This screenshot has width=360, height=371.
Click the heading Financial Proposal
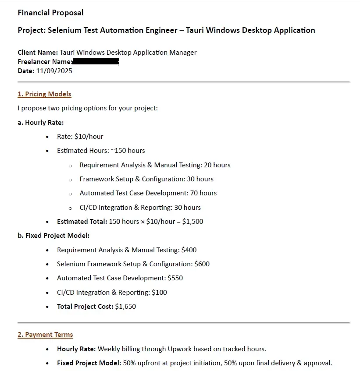tap(50, 13)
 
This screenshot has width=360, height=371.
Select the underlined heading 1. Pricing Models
tap(44, 94)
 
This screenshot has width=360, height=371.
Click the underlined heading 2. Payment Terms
tap(45, 335)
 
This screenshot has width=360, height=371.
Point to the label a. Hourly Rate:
tap(41, 123)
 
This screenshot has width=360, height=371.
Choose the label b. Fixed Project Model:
tap(53, 236)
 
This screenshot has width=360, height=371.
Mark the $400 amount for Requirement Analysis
tap(189, 250)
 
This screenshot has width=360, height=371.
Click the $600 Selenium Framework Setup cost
tap(202, 264)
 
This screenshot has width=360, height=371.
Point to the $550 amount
tap(175, 278)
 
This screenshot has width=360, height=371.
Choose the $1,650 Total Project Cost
tap(125, 307)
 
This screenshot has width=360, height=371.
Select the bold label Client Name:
tap(38, 53)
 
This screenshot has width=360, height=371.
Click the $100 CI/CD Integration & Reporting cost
tap(159, 293)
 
